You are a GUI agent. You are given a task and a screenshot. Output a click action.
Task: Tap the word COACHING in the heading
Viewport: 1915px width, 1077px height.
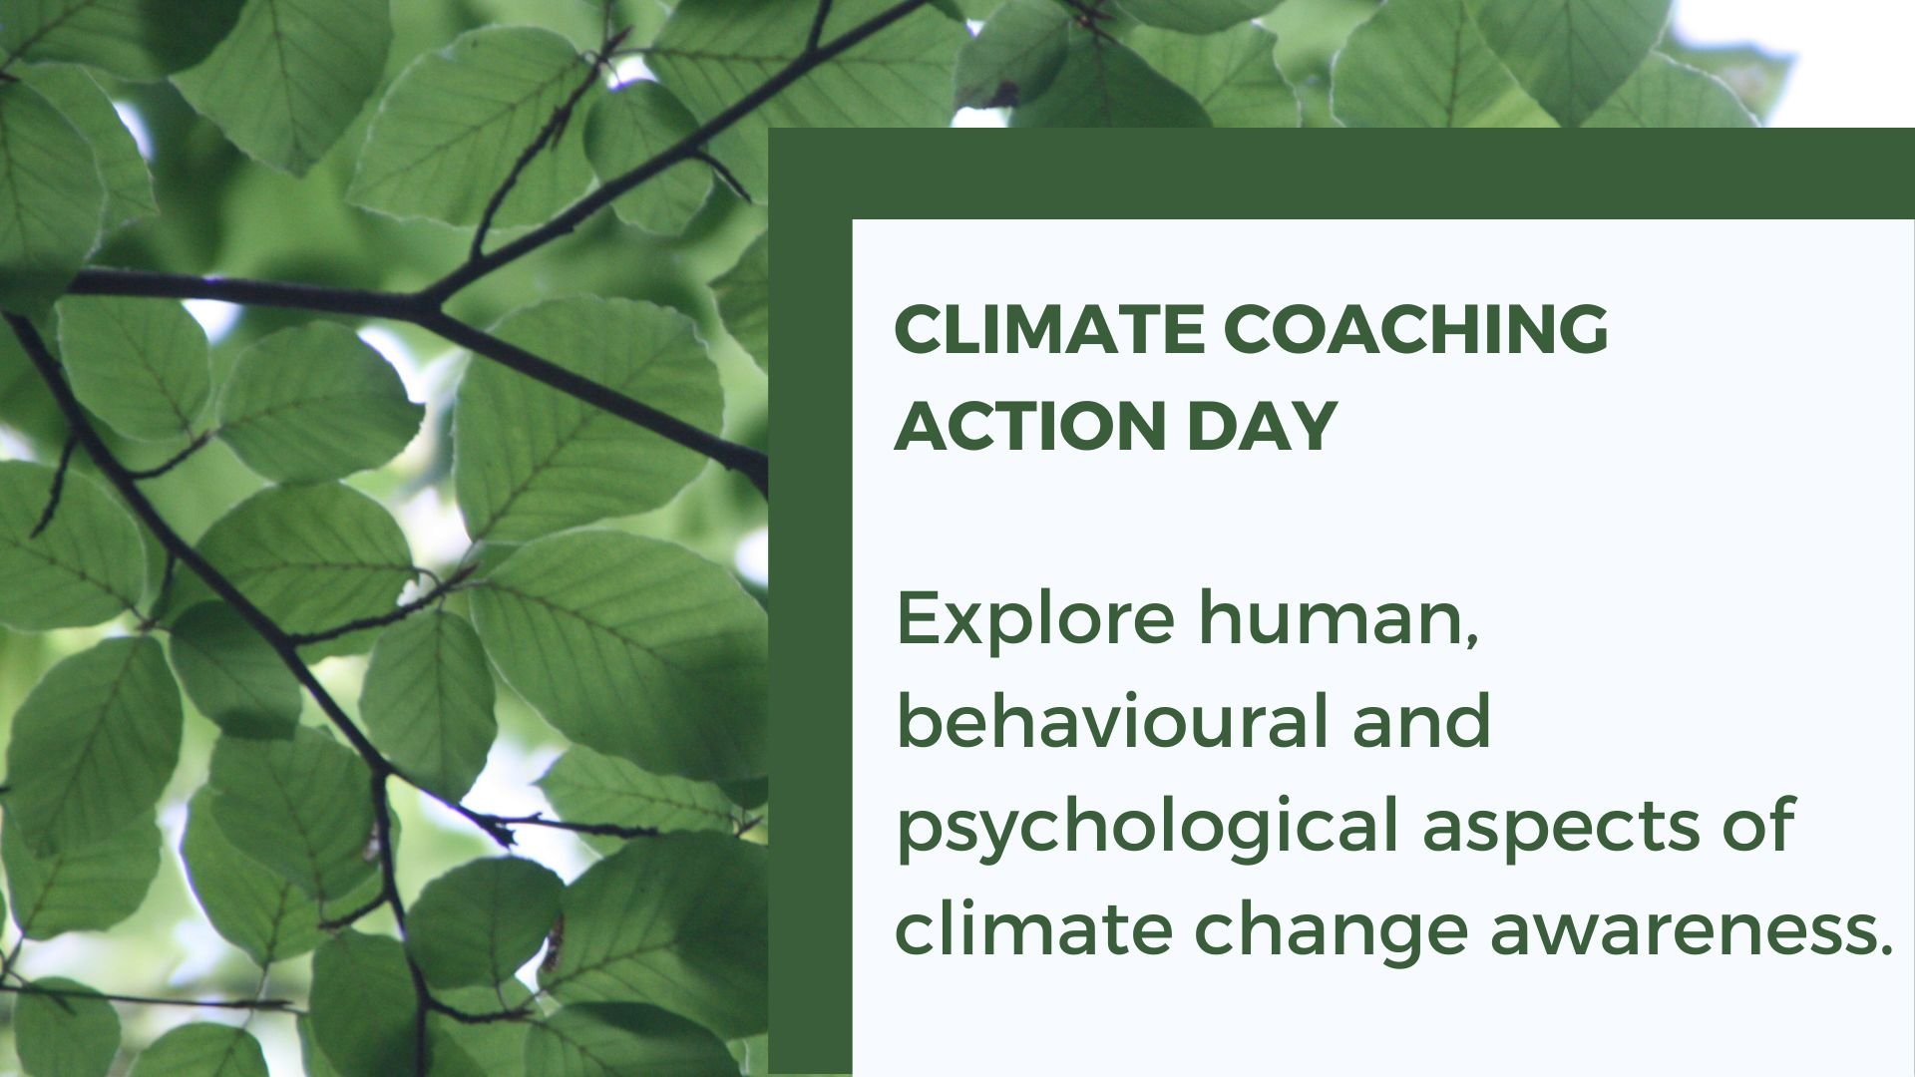tap(1416, 328)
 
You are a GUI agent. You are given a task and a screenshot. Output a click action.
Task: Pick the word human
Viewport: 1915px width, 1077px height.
tap(1332, 618)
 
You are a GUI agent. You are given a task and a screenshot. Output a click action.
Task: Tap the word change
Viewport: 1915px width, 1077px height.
tap(1332, 929)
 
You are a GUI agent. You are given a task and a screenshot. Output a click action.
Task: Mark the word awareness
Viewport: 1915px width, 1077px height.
tap(1676, 929)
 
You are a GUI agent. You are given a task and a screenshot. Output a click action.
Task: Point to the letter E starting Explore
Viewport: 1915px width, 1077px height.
tap(915, 618)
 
